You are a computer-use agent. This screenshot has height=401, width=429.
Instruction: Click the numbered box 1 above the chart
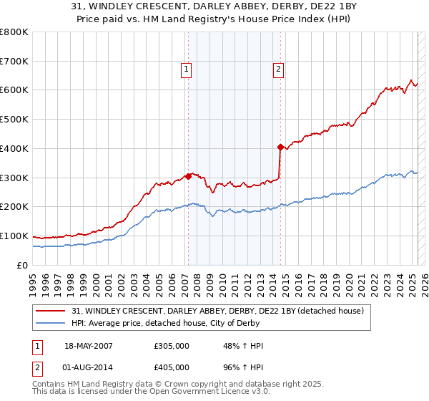pyautogui.click(x=186, y=69)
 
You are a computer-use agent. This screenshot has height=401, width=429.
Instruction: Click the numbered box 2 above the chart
pyautogui.click(x=277, y=69)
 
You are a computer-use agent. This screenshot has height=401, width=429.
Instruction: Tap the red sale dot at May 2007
pyautogui.click(x=188, y=175)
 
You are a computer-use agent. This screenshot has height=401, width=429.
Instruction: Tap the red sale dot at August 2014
pyautogui.click(x=280, y=146)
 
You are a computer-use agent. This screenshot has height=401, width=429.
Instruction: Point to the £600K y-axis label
pyautogui.click(x=14, y=90)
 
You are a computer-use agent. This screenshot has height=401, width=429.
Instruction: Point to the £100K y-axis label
pyautogui.click(x=14, y=236)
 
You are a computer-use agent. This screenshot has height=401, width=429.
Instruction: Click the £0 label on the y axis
pyautogui.click(x=21, y=265)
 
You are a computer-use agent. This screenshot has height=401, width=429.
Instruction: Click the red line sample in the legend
pyautogui.click(x=51, y=311)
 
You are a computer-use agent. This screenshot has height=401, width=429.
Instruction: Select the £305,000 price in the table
pyautogui.click(x=172, y=346)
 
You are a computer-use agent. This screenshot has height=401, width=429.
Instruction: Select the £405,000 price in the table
pyautogui.click(x=172, y=367)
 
